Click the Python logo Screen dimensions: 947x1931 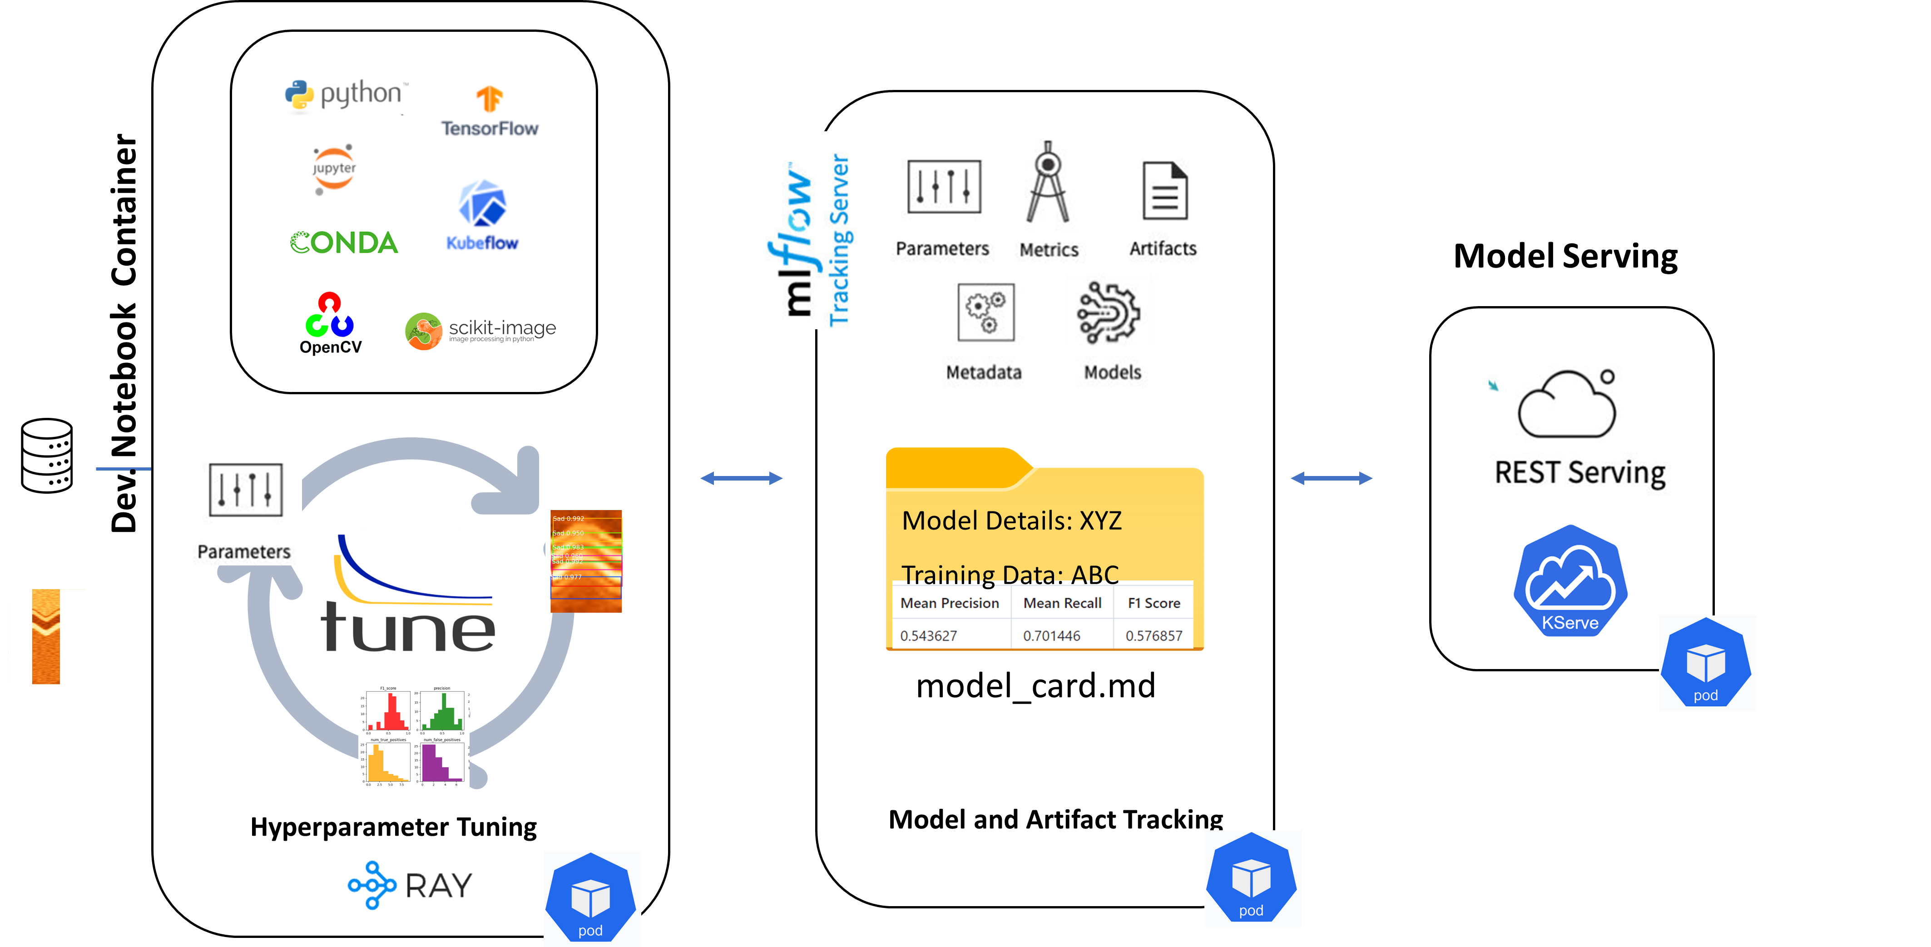pos(340,94)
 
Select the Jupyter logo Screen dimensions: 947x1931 pos(333,169)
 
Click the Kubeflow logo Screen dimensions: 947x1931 pos(480,214)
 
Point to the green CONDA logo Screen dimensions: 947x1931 pos(344,242)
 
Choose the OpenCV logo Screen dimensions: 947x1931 pos(332,323)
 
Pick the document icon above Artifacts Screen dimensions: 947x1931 pos(1164,190)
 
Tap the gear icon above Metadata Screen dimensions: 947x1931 pos(986,312)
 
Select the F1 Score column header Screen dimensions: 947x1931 pos(1154,603)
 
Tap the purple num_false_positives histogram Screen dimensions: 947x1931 pos(442,763)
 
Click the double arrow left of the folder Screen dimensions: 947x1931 pos(741,478)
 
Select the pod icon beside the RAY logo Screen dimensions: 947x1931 pos(591,897)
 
